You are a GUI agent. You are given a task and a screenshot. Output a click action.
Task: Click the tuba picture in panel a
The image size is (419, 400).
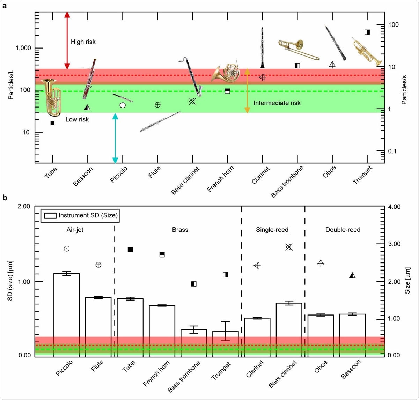pos(52,97)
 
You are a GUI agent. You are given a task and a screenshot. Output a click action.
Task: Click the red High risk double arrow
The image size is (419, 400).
pos(67,40)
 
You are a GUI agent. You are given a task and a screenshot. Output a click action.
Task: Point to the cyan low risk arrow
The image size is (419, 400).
pos(115,138)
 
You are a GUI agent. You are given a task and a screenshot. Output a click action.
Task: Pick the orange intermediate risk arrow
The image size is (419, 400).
pos(247,91)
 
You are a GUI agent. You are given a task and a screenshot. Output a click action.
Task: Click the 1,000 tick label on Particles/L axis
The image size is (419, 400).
pos(23,48)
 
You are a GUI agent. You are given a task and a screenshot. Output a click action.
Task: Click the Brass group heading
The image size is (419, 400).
pos(180,230)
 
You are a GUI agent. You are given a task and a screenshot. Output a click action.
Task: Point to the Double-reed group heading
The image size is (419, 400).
pos(343,230)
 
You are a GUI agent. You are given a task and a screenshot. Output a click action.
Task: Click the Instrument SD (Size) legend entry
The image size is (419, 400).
pos(80,215)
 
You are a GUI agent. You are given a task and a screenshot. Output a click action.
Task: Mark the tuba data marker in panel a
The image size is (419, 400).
pos(52,123)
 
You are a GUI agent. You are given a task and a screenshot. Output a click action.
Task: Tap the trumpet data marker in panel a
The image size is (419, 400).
pos(367,32)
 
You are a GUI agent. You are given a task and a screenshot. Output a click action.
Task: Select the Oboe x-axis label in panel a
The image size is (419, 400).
pos(330,172)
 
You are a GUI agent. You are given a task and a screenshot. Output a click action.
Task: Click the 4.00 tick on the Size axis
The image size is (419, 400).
pos(394,207)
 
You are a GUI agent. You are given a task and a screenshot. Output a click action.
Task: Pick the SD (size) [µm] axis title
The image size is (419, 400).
pos(10,280)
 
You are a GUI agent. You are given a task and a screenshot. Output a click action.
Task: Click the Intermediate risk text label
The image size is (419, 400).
pos(277,103)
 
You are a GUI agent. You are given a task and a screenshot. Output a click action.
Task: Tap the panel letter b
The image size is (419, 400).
pos(5,198)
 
